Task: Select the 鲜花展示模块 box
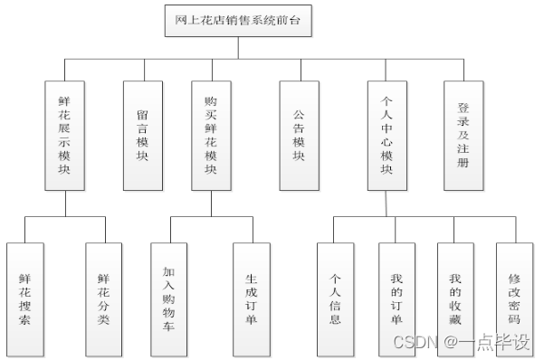click(64, 136)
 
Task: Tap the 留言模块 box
click(142, 136)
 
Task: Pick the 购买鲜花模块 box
click(211, 136)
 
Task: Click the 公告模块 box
click(299, 136)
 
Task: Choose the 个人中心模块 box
click(387, 136)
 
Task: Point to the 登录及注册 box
click(463, 136)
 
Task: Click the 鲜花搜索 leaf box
click(24, 298)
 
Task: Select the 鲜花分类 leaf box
click(103, 298)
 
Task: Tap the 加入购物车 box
click(169, 298)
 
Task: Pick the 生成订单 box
click(251, 298)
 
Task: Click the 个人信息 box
click(335, 298)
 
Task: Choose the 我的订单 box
click(396, 298)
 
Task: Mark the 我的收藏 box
click(456, 298)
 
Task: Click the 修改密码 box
click(514, 298)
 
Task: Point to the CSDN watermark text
click(461, 343)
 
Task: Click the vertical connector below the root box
click(239, 48)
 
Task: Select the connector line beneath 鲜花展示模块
click(64, 204)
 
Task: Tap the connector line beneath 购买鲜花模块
click(211, 204)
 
